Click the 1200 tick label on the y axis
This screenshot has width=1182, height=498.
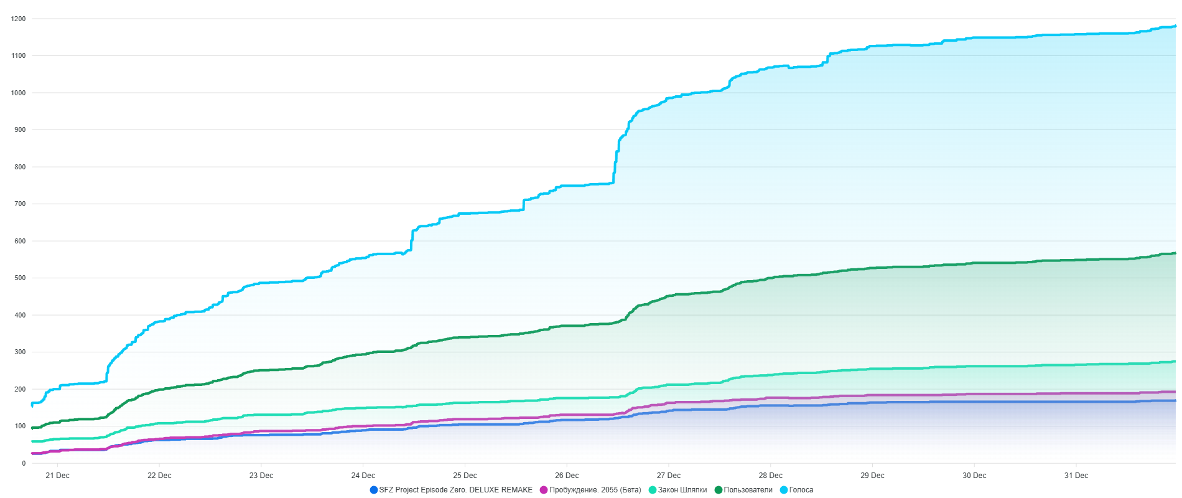19,19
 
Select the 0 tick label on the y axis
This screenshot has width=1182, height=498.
24,463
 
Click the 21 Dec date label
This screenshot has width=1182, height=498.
57,476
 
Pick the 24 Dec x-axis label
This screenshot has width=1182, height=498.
363,476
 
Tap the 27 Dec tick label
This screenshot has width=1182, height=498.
669,476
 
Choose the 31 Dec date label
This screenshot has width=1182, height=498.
1076,476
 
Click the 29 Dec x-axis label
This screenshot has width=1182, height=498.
872,476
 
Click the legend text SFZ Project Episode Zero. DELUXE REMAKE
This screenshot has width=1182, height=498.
455,490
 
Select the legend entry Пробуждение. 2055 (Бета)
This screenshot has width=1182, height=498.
595,490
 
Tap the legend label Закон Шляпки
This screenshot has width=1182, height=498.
682,490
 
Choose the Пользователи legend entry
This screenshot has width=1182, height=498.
748,490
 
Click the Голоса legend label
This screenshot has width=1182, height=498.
801,490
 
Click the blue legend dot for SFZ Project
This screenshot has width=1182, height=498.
374,490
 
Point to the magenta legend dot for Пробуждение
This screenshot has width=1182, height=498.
544,490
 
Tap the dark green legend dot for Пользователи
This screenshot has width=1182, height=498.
719,490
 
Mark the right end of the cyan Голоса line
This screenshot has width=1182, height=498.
1175,26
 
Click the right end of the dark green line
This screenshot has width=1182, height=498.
1175,253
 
